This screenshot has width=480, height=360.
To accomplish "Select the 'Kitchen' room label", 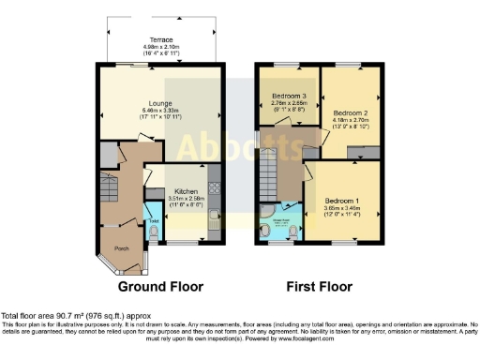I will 180,187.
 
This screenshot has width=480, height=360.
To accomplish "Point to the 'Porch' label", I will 121,247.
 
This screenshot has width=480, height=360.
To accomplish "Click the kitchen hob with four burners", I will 215,187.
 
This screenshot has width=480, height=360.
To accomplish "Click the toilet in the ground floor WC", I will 153,229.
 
